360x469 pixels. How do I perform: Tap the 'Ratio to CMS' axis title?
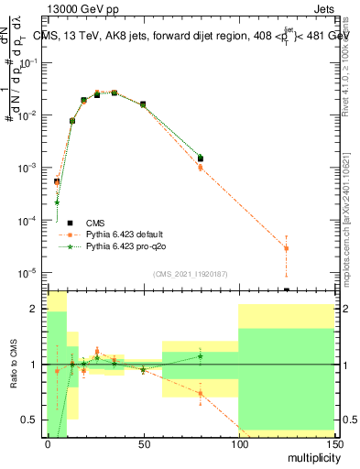point(14,365)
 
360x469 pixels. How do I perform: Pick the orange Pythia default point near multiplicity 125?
point(286,248)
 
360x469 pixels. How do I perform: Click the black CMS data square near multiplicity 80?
point(201,158)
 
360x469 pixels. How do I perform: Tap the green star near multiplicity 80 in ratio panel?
point(201,355)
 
